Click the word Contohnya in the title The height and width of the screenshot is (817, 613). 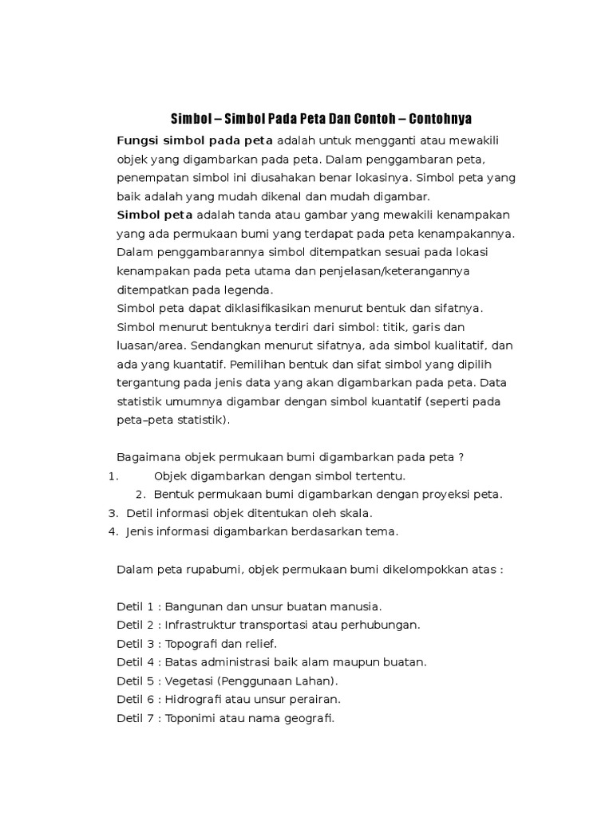[x=440, y=119]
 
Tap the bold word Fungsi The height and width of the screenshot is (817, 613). [x=139, y=141]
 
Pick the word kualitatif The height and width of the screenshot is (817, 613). [x=466, y=345]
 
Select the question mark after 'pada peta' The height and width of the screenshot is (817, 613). [x=461, y=457]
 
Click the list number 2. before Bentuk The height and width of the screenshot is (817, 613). [x=140, y=494]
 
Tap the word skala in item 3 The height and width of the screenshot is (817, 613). [x=355, y=513]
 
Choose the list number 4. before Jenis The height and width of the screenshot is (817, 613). [x=113, y=531]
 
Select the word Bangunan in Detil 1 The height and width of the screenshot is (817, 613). [x=194, y=606]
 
